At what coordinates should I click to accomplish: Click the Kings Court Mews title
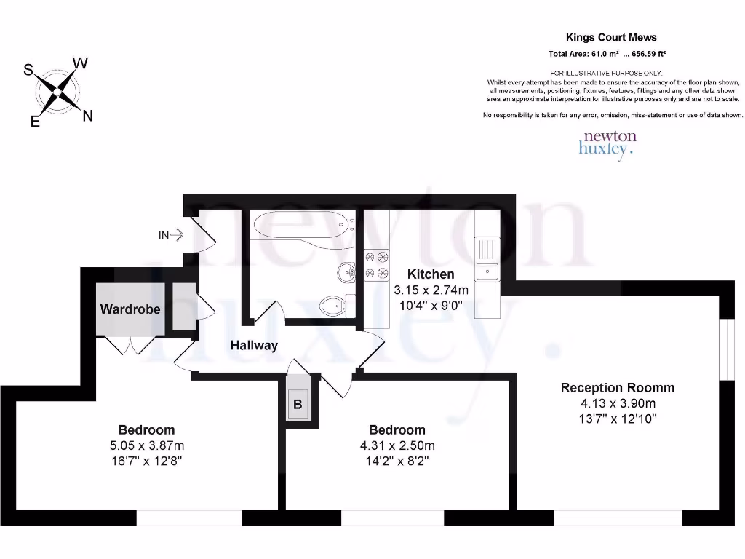(x=611, y=37)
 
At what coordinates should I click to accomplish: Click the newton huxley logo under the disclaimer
(x=608, y=143)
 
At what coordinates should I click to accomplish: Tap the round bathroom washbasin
(x=346, y=272)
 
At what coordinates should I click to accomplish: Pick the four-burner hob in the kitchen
(x=377, y=265)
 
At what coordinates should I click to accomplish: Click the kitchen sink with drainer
(x=486, y=262)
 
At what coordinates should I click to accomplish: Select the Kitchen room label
(x=431, y=274)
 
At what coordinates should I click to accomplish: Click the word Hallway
(x=254, y=345)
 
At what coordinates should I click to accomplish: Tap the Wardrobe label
(x=130, y=309)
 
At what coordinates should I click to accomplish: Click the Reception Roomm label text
(x=617, y=387)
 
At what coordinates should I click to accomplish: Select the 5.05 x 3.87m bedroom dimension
(x=146, y=445)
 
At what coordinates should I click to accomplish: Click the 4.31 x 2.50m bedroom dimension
(x=397, y=445)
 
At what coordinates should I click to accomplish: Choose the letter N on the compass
(x=87, y=115)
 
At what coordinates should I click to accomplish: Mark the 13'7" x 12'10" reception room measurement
(x=617, y=419)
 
